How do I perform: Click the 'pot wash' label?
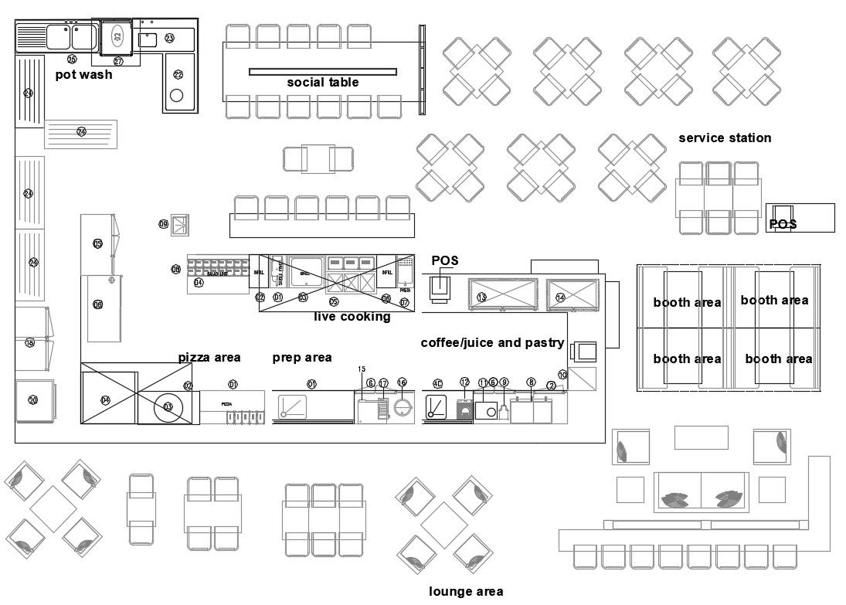tap(83, 75)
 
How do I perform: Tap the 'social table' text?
tap(323, 83)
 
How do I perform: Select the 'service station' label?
tap(725, 138)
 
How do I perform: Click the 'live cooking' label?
tap(352, 317)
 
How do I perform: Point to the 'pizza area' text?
tap(209, 358)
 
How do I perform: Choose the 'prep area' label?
tap(302, 358)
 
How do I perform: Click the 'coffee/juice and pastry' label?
tap(492, 343)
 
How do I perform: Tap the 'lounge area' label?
tap(466, 592)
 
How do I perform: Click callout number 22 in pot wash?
tap(178, 75)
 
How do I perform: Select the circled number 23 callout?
tap(169, 38)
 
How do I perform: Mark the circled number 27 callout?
tap(118, 61)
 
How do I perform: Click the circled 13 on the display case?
tap(481, 297)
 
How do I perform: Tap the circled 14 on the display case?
tap(560, 297)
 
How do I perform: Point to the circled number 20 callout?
tap(33, 399)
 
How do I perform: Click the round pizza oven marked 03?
tap(168, 407)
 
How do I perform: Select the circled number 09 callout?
tap(164, 224)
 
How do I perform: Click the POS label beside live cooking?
tap(445, 261)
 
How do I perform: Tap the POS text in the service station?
tap(783, 225)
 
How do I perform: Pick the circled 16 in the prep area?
tap(402, 382)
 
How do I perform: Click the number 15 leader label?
tap(362, 369)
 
